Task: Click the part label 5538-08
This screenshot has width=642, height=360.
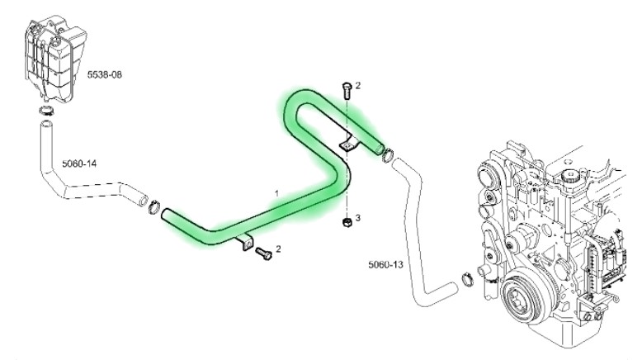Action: [x=105, y=74]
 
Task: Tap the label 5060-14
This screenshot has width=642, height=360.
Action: [x=79, y=163]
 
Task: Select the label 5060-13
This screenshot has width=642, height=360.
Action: [x=385, y=264]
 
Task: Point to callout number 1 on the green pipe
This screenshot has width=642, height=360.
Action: [x=276, y=193]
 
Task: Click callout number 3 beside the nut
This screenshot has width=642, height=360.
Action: [x=358, y=217]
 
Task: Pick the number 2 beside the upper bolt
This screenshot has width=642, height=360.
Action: [x=358, y=86]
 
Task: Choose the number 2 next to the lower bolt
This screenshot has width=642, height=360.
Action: [x=278, y=249]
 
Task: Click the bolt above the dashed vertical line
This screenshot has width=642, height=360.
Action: [x=346, y=91]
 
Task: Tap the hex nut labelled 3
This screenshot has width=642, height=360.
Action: [x=346, y=222]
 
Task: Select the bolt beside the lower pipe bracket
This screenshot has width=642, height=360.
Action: [x=263, y=253]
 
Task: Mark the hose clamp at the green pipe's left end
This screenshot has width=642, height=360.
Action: [x=153, y=206]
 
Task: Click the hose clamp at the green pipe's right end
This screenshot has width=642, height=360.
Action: [x=387, y=155]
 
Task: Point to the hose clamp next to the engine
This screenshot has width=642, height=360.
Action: [x=468, y=279]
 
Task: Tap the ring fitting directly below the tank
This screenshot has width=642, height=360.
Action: [x=47, y=110]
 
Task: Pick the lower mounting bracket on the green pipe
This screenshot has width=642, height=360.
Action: [x=245, y=242]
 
